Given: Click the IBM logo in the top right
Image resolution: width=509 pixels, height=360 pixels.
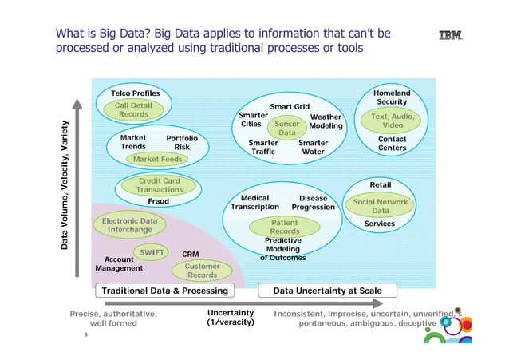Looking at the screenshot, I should [x=452, y=34].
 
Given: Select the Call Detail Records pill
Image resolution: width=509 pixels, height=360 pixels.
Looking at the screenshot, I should [x=133, y=110].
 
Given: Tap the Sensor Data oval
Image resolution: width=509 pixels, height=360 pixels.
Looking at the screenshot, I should [x=286, y=129].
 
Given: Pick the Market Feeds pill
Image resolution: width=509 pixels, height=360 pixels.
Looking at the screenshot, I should [x=157, y=160].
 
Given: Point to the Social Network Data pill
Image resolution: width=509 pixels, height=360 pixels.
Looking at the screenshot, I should [x=381, y=206].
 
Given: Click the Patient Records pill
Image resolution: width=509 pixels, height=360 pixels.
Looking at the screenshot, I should [x=284, y=227].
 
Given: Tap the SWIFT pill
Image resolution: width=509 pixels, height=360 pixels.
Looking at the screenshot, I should [x=152, y=253].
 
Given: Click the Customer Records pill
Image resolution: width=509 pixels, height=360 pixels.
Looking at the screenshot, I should [x=202, y=271].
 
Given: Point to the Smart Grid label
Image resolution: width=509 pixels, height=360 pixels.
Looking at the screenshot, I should [x=290, y=105].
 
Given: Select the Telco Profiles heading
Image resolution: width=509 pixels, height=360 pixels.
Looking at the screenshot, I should [x=135, y=93].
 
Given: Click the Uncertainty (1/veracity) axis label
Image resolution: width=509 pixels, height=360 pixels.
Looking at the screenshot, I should [x=230, y=318].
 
